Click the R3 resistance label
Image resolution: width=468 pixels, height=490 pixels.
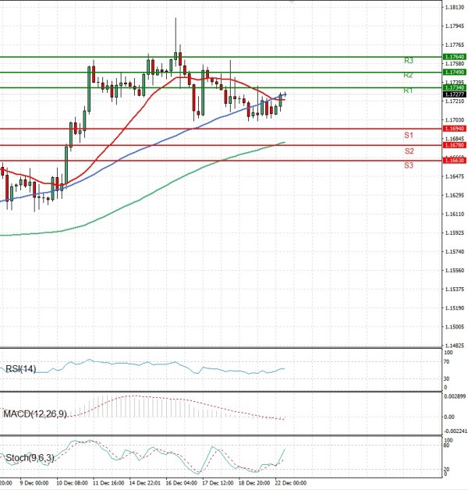pos(408,60)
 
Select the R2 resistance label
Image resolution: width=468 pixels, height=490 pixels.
pos(408,75)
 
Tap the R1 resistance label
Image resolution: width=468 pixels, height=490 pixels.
pos(408,91)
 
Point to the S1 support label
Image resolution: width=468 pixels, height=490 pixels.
pos(408,135)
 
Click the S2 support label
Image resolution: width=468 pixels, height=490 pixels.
pos(409,151)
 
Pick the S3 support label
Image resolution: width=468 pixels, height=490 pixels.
pos(409,165)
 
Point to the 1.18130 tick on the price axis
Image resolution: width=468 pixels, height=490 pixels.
pos(454,8)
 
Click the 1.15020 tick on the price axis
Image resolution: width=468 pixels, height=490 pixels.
pos(454,327)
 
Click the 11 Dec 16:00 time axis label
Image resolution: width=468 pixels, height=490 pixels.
pos(108,484)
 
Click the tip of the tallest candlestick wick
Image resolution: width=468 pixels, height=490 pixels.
pos(175,17)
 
